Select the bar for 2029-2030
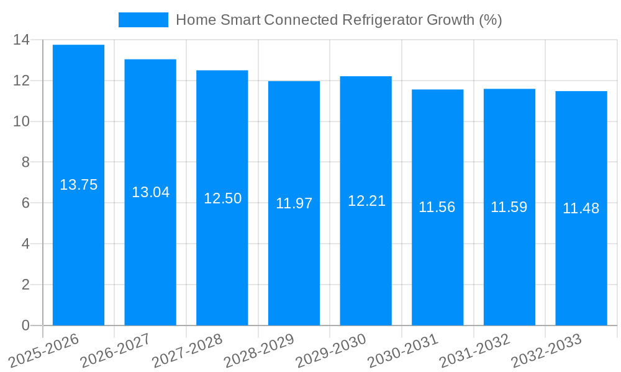(366, 201)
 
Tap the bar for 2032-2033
(581, 208)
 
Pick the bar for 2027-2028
(222, 198)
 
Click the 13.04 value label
(150, 192)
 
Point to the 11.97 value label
(294, 203)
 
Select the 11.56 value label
(437, 208)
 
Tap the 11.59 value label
(509, 207)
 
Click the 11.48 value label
(581, 208)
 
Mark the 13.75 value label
(78, 185)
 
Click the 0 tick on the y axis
(25, 325)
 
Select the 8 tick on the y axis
(25, 162)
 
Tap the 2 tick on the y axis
(25, 285)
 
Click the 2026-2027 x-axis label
(115, 351)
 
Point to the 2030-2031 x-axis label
(402, 351)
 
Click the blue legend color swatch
(143, 20)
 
